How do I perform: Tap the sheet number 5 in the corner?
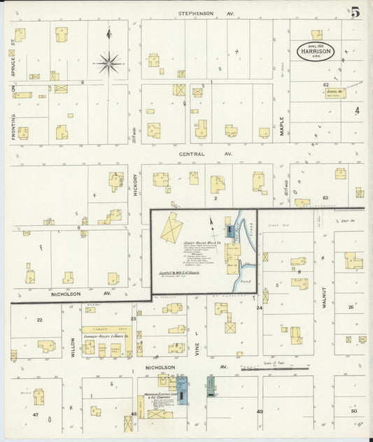pyautogui.click(x=356, y=12)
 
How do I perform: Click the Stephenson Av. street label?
pyautogui.click(x=205, y=13)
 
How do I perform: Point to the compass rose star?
pyautogui.click(x=108, y=64)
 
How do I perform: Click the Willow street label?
pyautogui.click(x=72, y=347)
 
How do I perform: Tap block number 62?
pyautogui.click(x=326, y=84)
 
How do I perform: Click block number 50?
pyautogui.click(x=353, y=412)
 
